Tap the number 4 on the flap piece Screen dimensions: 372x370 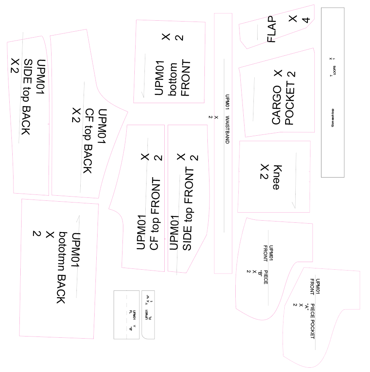pos(306,19)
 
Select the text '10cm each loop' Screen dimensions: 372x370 pos(333,118)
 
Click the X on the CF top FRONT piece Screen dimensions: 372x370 pos(145,157)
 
